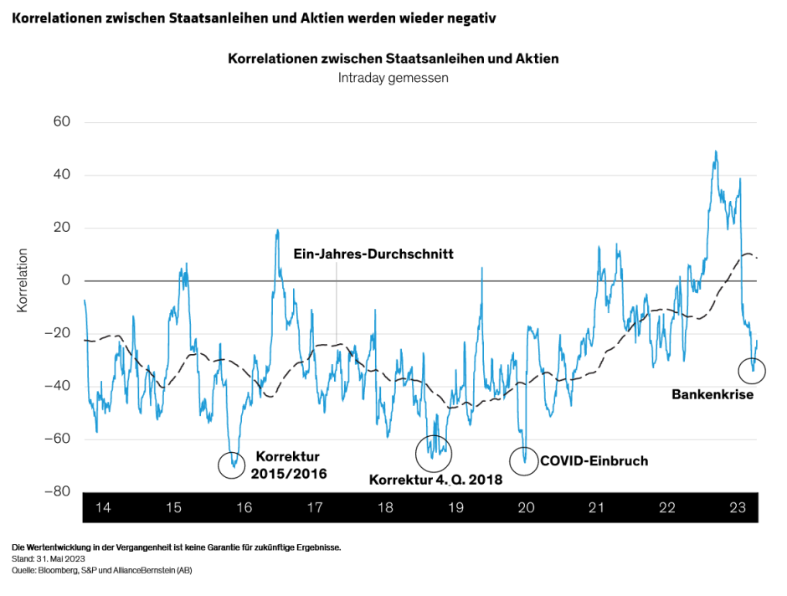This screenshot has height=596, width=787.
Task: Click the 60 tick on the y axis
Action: [63, 122]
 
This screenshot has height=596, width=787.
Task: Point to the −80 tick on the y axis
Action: [59, 491]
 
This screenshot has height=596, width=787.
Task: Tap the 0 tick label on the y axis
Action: [66, 280]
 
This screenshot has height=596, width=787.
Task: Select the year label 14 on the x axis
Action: [104, 508]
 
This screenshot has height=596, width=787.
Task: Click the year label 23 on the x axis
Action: [738, 508]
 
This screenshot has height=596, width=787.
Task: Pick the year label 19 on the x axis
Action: [455, 508]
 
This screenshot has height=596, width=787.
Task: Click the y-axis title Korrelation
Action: [23, 280]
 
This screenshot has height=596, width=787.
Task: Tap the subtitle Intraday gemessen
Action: [393, 78]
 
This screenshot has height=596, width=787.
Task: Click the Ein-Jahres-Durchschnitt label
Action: [373, 254]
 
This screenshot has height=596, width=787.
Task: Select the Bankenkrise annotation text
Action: [712, 393]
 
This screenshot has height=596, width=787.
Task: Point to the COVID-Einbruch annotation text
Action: [594, 460]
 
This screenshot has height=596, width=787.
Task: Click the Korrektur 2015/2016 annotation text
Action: [287, 465]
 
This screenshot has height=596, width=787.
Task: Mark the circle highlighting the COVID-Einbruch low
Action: [524, 460]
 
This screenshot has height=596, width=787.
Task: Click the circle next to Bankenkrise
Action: [752, 370]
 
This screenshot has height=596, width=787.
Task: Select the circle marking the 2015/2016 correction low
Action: [232, 464]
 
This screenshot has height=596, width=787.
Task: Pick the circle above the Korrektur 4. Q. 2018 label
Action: [433, 453]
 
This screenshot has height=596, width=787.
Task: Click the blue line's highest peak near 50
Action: [715, 152]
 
